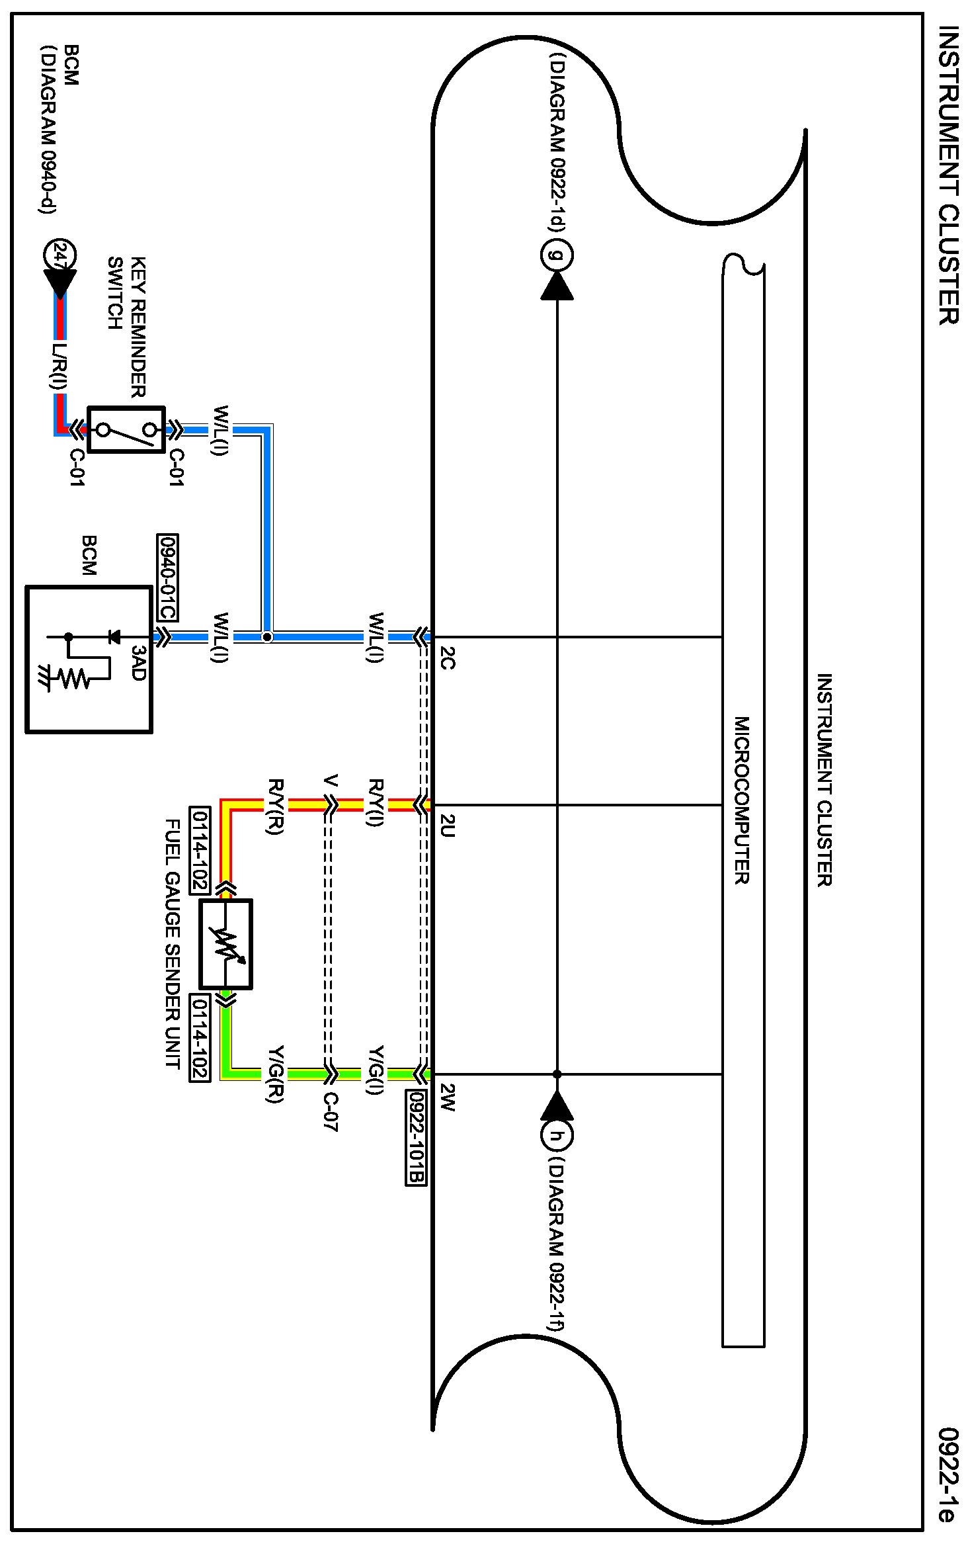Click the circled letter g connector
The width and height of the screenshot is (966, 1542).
557,255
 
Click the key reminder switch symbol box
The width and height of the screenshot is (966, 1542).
126,429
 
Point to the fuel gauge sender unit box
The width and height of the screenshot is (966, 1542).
225,944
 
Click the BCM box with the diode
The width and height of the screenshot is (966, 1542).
89,660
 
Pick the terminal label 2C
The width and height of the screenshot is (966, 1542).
448,658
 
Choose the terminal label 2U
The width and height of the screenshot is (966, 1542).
448,826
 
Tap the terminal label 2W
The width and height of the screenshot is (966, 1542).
448,1098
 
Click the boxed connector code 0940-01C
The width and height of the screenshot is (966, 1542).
168,578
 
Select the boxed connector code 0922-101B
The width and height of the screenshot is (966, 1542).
416,1137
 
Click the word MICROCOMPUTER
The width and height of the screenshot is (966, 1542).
742,800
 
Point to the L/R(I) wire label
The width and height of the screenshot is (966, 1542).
60,365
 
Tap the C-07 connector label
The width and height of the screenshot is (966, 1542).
331,1111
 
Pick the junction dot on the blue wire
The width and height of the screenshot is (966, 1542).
266,637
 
